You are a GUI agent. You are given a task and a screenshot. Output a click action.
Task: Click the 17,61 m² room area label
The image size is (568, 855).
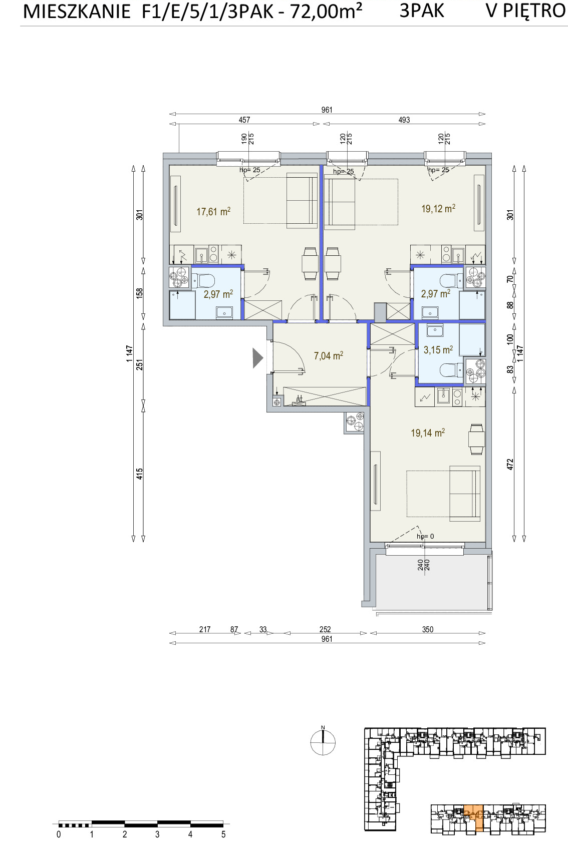pyautogui.click(x=213, y=211)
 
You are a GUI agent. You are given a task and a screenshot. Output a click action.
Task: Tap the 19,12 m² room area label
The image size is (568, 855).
pyautogui.click(x=438, y=208)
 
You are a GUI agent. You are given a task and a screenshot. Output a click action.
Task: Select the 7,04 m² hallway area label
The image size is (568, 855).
pyautogui.click(x=328, y=356)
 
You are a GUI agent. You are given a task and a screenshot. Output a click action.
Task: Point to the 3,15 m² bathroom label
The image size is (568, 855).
pyautogui.click(x=438, y=349)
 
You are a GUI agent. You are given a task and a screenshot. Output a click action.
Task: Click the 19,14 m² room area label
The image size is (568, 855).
pyautogui.click(x=427, y=433)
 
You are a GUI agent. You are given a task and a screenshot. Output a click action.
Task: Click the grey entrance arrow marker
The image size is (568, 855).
pyautogui.click(x=257, y=358)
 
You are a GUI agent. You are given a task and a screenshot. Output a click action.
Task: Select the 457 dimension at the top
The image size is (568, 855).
pyautogui.click(x=244, y=120)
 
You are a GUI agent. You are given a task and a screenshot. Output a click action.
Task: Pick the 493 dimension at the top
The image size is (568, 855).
pyautogui.click(x=404, y=120)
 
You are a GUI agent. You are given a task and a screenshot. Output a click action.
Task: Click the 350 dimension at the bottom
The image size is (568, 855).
pyautogui.click(x=427, y=629)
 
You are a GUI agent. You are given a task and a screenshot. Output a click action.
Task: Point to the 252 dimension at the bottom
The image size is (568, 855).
pyautogui.click(x=325, y=629)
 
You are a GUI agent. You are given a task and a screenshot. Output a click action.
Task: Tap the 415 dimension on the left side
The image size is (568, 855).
pyautogui.click(x=139, y=474)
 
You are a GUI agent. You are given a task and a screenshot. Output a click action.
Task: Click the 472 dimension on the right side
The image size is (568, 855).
pyautogui.click(x=510, y=464)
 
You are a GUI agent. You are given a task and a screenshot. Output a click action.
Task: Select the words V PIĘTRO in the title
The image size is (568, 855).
pyautogui.click(x=525, y=11)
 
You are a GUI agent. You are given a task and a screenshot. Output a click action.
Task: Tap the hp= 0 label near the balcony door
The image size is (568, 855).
pyautogui.click(x=425, y=536)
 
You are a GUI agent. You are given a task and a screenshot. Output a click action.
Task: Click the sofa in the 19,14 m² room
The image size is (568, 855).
pyautogui.click(x=465, y=493)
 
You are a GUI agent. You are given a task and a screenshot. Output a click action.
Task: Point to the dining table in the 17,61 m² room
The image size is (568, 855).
pyautogui.click(x=310, y=263)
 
